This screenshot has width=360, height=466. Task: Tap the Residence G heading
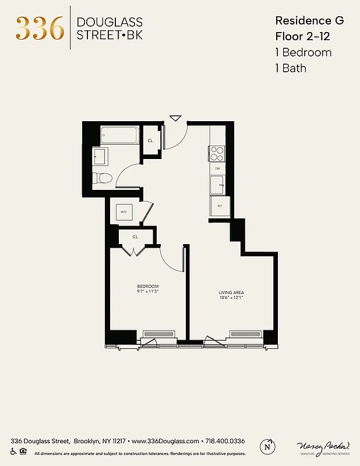(x=309, y=20)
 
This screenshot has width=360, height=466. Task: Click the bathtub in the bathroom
(x=119, y=136)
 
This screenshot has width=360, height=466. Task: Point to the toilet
(x=104, y=178)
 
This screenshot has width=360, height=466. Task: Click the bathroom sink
(x=100, y=156)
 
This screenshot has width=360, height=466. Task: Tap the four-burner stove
(x=217, y=154)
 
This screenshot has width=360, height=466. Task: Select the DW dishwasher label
(x=217, y=168)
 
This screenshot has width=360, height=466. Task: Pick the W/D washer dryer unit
(x=125, y=212)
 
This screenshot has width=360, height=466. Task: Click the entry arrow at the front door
(x=175, y=118)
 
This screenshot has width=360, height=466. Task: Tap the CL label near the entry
(x=150, y=140)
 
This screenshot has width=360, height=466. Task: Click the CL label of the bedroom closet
(x=135, y=236)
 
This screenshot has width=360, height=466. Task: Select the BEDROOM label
(x=148, y=285)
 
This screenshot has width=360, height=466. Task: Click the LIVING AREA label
(x=231, y=292)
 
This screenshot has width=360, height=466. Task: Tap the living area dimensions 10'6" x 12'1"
(x=231, y=298)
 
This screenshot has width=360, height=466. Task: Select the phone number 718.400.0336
(x=224, y=441)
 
